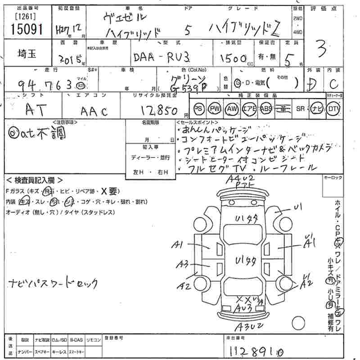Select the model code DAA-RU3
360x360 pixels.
162,58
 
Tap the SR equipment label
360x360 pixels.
300,108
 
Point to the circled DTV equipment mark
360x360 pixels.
334,108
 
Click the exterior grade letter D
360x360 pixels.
311,83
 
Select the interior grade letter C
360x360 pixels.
333,83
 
